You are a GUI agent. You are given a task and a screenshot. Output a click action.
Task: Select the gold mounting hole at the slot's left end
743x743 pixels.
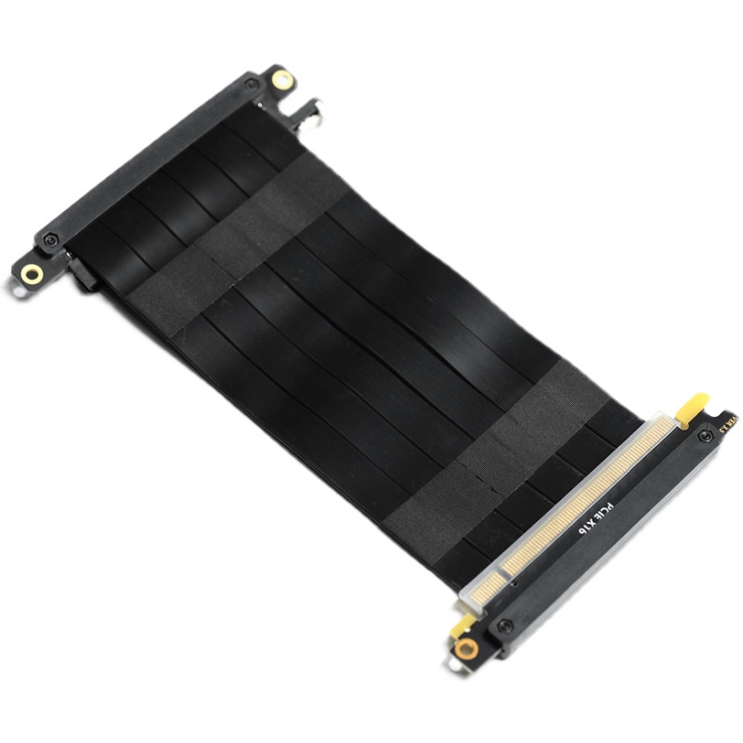(x=32, y=273)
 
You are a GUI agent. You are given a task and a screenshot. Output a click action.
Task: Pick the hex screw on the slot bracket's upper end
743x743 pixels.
(x=252, y=85)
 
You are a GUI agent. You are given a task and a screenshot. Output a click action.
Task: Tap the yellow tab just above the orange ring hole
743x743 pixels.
(x=463, y=624)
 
